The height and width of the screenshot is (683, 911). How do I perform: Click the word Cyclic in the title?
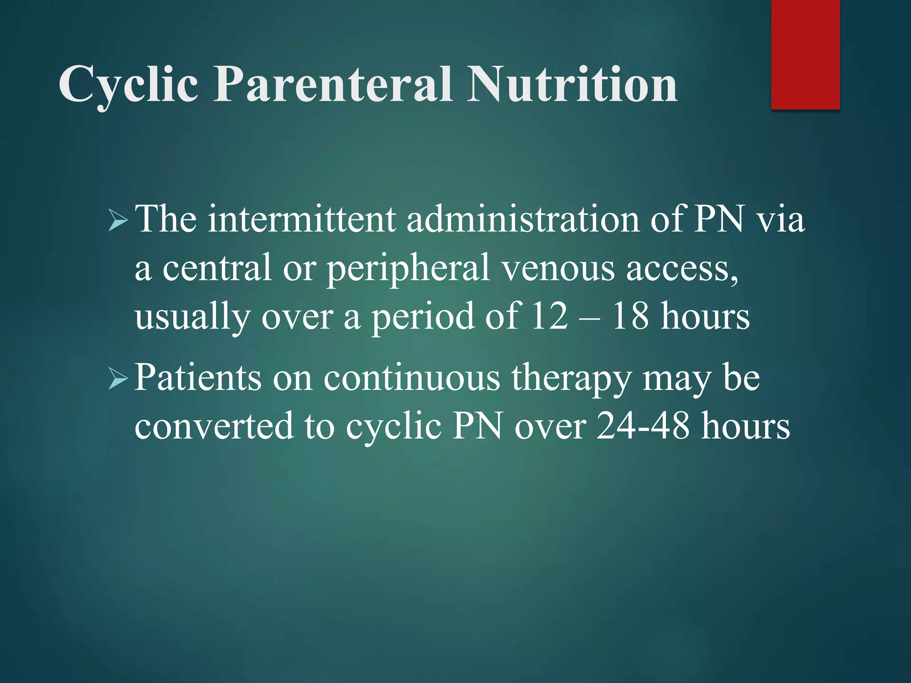tap(128, 84)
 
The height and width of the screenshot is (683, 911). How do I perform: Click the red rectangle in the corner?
tap(805, 54)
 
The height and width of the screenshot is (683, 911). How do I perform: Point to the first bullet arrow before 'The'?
tap(118, 221)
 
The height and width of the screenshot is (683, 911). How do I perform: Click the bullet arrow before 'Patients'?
tap(118, 379)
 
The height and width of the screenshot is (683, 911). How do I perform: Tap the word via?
tap(781, 220)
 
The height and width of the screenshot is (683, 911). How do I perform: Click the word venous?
tap(558, 269)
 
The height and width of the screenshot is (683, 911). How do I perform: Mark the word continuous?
tap(411, 378)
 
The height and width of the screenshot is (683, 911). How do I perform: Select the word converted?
tap(214, 426)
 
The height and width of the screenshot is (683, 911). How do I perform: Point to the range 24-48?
tap(643, 426)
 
